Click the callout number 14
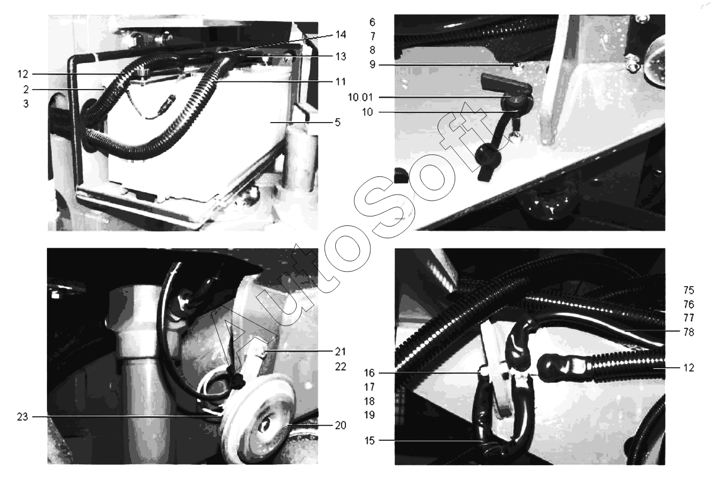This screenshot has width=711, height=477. pyautogui.click(x=341, y=35)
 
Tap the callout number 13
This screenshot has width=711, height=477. pyautogui.click(x=341, y=56)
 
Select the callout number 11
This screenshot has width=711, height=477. pyautogui.click(x=341, y=82)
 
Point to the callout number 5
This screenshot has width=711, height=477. pyautogui.click(x=338, y=122)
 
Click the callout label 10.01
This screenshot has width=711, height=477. pyautogui.click(x=360, y=97)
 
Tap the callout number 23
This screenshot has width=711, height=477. pyautogui.click(x=22, y=417)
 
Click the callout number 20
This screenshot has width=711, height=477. pyautogui.click(x=341, y=425)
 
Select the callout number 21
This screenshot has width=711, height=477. pyautogui.click(x=341, y=352)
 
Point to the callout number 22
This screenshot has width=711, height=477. pyautogui.click(x=341, y=367)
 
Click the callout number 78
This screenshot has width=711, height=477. pyautogui.click(x=689, y=332)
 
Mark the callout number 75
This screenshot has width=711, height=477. pyautogui.click(x=689, y=290)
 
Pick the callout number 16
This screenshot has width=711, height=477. pyautogui.click(x=369, y=373)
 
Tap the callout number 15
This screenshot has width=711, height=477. pyautogui.click(x=369, y=441)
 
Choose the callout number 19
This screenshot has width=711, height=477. pyautogui.click(x=369, y=415)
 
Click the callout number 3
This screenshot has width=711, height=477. pyautogui.click(x=26, y=104)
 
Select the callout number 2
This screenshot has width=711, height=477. pyautogui.click(x=26, y=90)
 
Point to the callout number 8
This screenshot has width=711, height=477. pyautogui.click(x=373, y=50)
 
